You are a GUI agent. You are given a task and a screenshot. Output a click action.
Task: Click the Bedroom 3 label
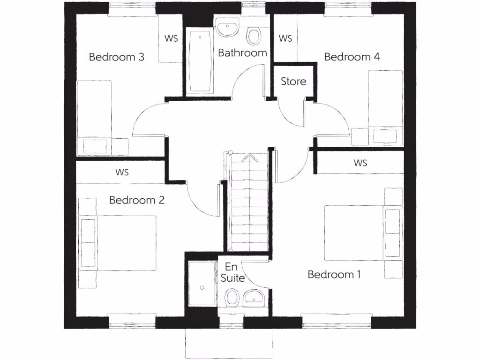pyautogui.click(x=116, y=57)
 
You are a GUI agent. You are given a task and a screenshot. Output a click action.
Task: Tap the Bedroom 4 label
pyautogui.click(x=352, y=57)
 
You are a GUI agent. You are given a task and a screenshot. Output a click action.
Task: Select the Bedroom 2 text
pyautogui.click(x=136, y=200)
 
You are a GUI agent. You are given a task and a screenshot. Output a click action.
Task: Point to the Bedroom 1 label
pyautogui.click(x=334, y=274)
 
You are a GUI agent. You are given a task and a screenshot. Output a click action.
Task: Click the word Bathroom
pyautogui.click(x=242, y=53)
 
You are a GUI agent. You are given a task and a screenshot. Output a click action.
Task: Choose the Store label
pyautogui.click(x=293, y=82)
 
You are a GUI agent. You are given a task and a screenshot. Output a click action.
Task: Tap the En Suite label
pyautogui.click(x=232, y=272)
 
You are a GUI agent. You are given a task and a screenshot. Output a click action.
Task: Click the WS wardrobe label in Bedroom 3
pyautogui.click(x=171, y=38)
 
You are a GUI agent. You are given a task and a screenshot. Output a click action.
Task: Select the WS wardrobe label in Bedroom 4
pyautogui.click(x=285, y=38)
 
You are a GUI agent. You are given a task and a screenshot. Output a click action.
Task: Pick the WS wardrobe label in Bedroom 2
pyautogui.click(x=122, y=172)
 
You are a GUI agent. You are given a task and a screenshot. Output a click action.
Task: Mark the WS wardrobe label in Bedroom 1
pyautogui.click(x=360, y=163)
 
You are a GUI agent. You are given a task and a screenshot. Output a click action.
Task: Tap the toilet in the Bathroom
pyautogui.click(x=254, y=36)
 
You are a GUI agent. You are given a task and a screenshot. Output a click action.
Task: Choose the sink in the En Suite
pyautogui.click(x=254, y=296)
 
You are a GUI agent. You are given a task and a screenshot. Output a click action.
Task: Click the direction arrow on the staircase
pyautogui.click(x=248, y=158)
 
